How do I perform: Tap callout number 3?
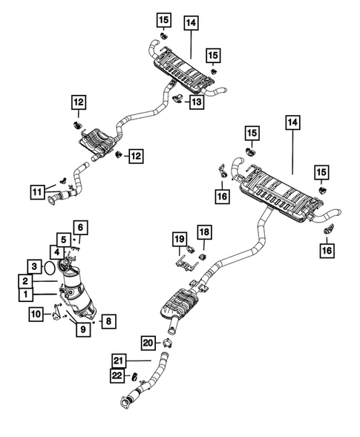point(35,266)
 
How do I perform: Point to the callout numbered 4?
point(57,252)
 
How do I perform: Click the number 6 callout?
point(80,228)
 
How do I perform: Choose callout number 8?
point(108,321)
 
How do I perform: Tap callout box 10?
point(36,315)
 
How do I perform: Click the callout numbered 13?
point(195,102)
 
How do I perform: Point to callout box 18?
point(203,233)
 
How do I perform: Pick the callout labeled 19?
point(179,238)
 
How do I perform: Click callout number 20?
point(149,342)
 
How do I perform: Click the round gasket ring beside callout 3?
point(48,265)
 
